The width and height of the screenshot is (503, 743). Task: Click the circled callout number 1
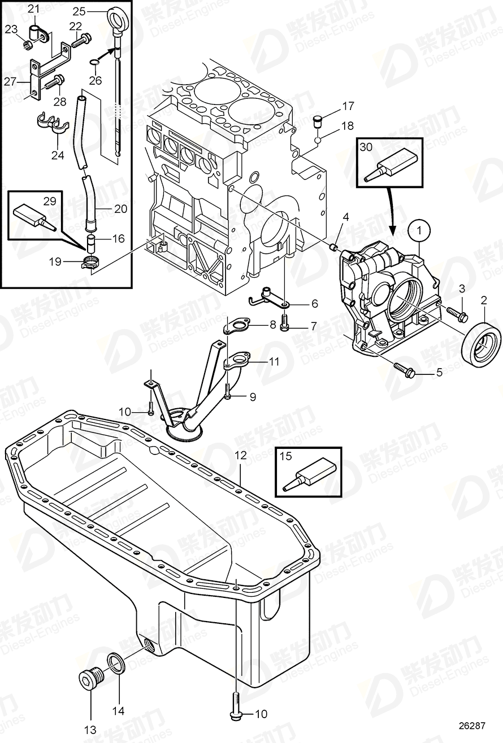point(419,230)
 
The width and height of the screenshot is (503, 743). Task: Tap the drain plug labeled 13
point(90,678)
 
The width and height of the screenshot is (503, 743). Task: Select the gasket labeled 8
point(236,326)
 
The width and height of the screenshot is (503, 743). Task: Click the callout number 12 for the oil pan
point(241,454)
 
